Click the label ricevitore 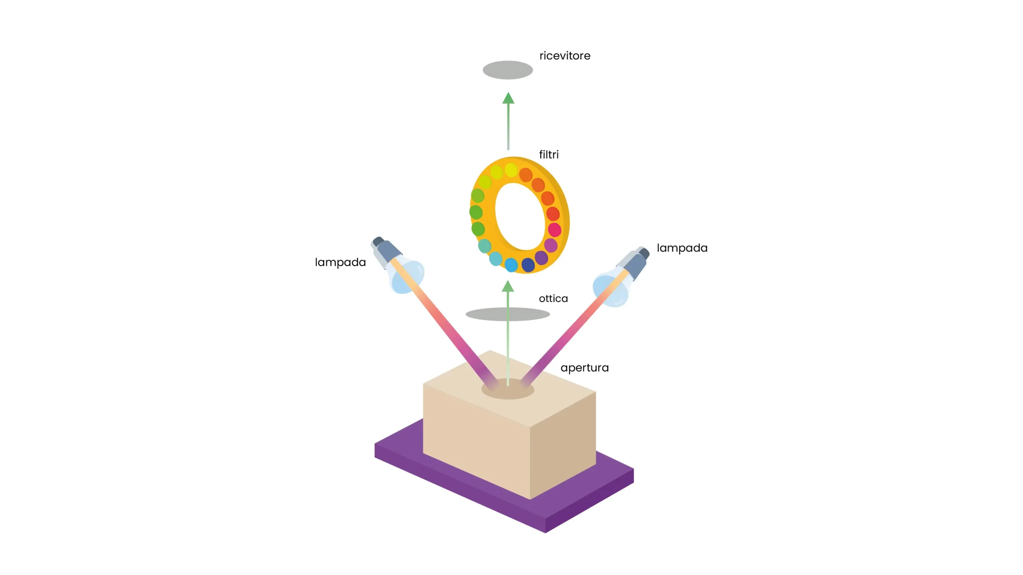(x=565, y=56)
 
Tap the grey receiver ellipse (x=508, y=70)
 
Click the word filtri (x=549, y=155)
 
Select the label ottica (x=553, y=298)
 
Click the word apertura (x=584, y=367)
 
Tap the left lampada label (x=340, y=262)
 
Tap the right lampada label (x=682, y=248)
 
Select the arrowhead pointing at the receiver (x=508, y=98)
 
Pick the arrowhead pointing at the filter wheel (x=508, y=286)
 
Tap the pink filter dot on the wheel (x=554, y=230)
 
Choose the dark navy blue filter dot (x=528, y=264)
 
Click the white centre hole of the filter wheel (x=519, y=216)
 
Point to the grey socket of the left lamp (x=386, y=249)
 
